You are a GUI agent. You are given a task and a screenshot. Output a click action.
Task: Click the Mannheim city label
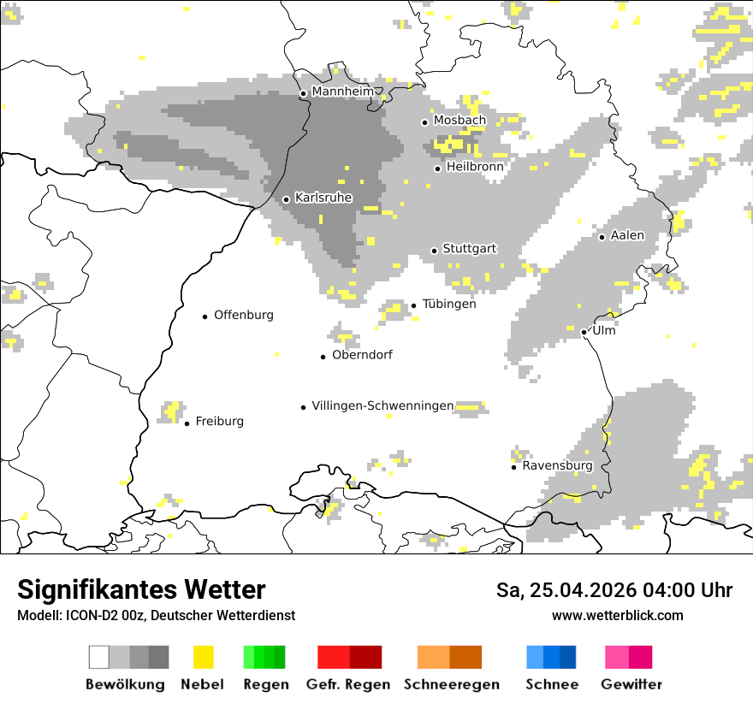point(343,92)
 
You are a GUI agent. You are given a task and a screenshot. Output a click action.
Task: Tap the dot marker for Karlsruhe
point(287,199)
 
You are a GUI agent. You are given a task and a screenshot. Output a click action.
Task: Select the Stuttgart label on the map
point(470,249)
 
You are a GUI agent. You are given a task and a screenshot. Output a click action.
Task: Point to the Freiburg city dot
point(187,423)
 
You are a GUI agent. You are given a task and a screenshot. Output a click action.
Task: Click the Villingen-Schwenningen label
point(382,405)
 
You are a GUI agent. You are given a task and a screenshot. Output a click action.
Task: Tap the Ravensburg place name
point(557,466)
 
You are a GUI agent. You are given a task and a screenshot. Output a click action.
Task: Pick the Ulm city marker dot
point(584,332)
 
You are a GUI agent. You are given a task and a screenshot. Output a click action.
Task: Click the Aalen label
point(627,235)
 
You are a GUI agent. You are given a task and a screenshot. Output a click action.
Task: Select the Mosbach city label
point(460,121)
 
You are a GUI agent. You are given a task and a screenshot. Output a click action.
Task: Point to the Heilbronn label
point(475,167)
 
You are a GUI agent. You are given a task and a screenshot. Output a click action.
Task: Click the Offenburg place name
point(244,315)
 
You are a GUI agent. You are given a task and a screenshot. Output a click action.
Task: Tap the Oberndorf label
point(362,355)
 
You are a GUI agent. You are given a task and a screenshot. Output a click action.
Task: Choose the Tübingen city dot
point(414,305)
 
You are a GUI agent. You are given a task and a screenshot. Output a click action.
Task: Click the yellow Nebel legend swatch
point(204,657)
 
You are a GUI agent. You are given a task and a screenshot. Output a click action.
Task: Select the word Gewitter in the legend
point(631,684)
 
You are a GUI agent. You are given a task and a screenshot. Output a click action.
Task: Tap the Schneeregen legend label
point(452,684)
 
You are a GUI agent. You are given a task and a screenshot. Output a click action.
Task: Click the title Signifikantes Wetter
point(141,590)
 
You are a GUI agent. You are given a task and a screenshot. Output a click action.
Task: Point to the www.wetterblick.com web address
point(618,615)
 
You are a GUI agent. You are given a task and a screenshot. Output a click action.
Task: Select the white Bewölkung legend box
point(99,657)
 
